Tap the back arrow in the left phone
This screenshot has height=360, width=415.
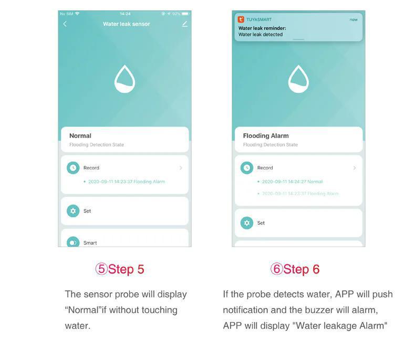[65, 24]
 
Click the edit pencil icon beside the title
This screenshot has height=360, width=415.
[184, 24]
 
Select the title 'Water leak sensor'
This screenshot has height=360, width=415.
[126, 24]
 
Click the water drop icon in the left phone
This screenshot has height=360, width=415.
[124, 80]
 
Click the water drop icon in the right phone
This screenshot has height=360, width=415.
[298, 80]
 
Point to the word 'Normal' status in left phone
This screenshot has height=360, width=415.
[80, 136]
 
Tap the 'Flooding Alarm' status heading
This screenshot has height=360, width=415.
[266, 136]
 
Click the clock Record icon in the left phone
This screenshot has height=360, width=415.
[73, 168]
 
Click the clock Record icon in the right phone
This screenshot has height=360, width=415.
[247, 168]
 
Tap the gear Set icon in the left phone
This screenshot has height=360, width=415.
[73, 211]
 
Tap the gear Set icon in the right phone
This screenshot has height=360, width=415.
[247, 223]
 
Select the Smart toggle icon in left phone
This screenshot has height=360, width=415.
[73, 242]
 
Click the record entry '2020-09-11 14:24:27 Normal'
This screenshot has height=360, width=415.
[292, 182]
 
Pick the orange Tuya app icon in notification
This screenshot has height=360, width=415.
[241, 19]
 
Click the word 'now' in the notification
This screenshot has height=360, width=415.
[354, 20]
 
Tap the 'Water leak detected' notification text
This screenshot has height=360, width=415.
[261, 35]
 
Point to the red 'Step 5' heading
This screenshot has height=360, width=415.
[120, 269]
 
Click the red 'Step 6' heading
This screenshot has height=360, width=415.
[295, 269]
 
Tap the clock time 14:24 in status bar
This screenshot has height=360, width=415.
[125, 14]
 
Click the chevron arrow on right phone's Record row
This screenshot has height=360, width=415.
[355, 168]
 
